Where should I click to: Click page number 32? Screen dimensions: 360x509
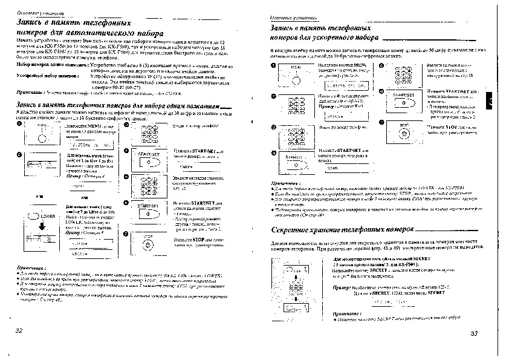click(19, 330)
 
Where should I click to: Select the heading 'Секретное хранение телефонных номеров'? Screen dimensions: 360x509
click(342, 231)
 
